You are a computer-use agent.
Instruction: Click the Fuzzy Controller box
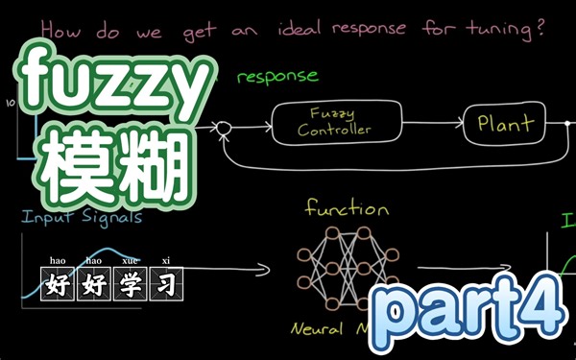pyautogui.click(x=334, y=122)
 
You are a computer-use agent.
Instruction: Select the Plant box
pyautogui.click(x=499, y=124)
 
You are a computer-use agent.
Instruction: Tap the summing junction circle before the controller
pyautogui.click(x=224, y=126)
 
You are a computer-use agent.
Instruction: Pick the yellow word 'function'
pyautogui.click(x=347, y=207)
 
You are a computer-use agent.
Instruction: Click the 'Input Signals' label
pyautogui.click(x=82, y=216)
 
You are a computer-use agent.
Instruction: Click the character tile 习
pyautogui.click(x=164, y=285)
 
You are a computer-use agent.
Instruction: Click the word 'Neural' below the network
pyautogui.click(x=318, y=329)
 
